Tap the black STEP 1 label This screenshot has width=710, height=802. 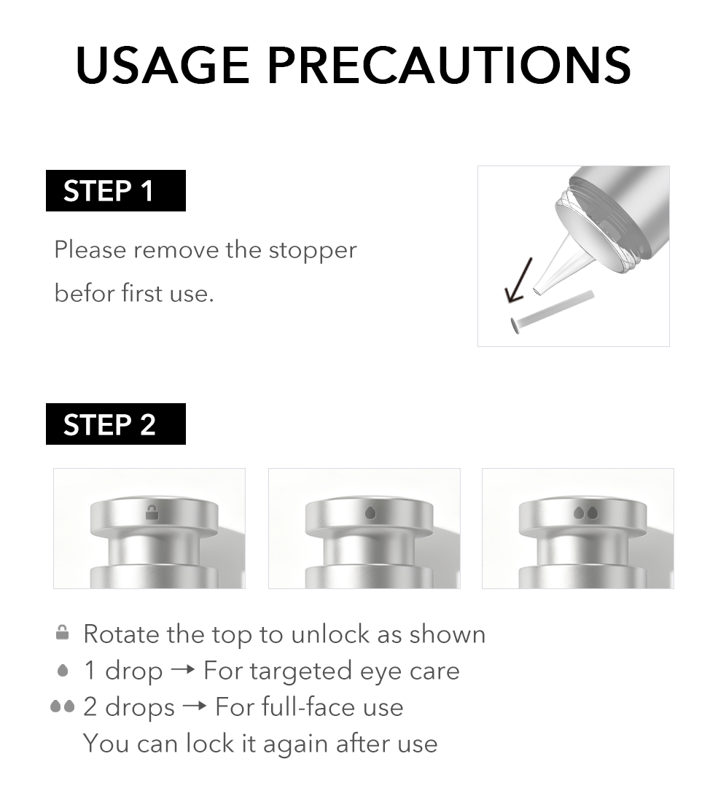[x=115, y=191]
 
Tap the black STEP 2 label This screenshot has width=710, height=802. [x=115, y=424]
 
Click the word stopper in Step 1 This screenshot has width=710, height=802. [x=313, y=250]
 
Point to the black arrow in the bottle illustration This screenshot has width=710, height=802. [x=518, y=281]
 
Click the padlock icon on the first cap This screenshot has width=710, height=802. [x=152, y=513]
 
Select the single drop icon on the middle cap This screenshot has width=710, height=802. [x=370, y=513]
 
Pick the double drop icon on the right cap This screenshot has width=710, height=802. [x=585, y=513]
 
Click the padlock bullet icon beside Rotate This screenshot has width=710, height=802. [x=63, y=633]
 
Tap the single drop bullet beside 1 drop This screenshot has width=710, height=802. [x=63, y=670]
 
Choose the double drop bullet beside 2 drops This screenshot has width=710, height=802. [x=63, y=706]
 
